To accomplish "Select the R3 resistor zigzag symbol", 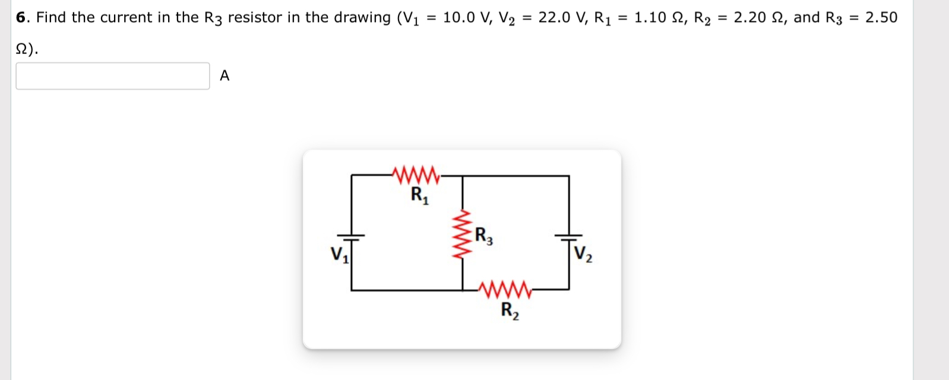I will pos(463,234).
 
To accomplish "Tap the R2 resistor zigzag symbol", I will pos(508,290).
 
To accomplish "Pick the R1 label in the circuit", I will pos(419,195).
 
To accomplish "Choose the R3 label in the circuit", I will pos(484,236).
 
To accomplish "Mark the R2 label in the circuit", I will pos(510,311).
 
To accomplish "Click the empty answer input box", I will pos(113,76).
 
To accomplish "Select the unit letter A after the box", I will pos(224,76).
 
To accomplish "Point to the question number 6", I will pos(22,18).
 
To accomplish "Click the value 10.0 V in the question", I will pos(466,18).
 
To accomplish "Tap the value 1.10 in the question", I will pos(650,18).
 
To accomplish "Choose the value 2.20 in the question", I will pos(749,18).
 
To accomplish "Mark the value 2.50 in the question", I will pos(881,18).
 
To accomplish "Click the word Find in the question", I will pos(52,18).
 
